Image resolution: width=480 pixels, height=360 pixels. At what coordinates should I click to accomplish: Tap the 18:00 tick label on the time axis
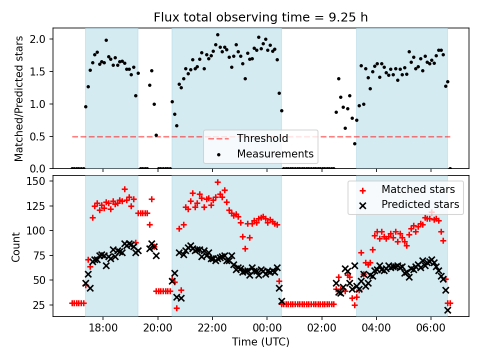click(103, 329)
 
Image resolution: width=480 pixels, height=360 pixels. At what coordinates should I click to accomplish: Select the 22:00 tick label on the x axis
click(212, 329)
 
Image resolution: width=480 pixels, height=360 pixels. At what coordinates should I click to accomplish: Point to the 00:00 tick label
click(267, 329)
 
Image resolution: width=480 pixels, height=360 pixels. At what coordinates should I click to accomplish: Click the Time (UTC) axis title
click(260, 342)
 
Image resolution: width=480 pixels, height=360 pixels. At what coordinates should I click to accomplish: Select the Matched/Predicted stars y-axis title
click(18, 99)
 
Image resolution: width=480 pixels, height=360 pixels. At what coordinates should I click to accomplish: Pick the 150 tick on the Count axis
click(38, 181)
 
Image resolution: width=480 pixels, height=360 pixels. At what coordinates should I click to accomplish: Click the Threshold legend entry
click(262, 138)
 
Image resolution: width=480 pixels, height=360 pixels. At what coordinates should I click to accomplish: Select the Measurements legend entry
click(275, 153)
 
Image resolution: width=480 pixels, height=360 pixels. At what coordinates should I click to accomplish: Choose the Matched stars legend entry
click(418, 189)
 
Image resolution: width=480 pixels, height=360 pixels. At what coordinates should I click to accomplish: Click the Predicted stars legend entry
click(420, 204)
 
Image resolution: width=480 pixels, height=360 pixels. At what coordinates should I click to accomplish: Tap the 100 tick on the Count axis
click(38, 230)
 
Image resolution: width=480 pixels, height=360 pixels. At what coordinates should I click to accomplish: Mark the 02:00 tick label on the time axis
click(321, 329)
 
